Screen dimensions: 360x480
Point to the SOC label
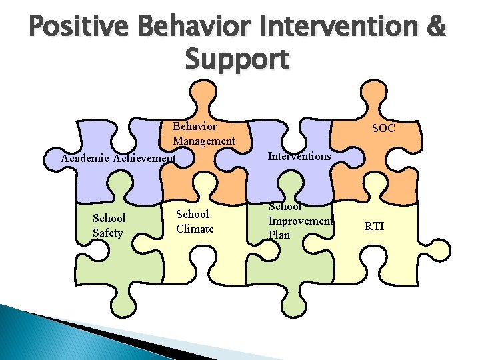(x=383, y=127)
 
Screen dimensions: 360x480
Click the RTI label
(x=374, y=226)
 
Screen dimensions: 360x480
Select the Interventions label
(x=299, y=156)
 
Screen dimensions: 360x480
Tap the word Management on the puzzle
(x=204, y=141)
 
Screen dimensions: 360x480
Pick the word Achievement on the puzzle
(x=145, y=159)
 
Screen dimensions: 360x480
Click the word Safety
(x=108, y=233)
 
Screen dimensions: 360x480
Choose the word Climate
(x=195, y=229)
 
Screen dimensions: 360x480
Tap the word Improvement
(x=300, y=221)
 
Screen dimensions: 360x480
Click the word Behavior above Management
(x=194, y=126)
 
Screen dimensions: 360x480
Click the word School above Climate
(x=192, y=214)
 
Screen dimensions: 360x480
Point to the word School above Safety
(x=109, y=219)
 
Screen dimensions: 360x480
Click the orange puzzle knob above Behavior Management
(x=209, y=96)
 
